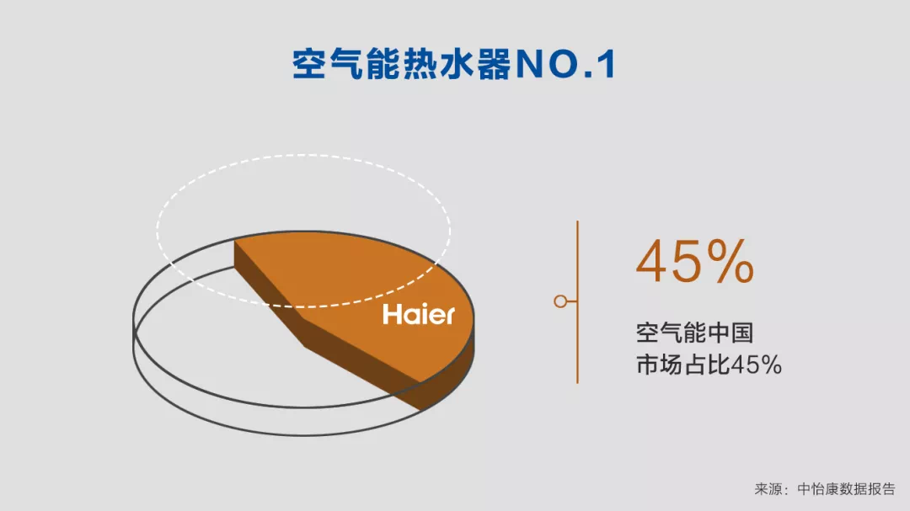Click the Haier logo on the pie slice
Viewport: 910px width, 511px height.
[419, 315]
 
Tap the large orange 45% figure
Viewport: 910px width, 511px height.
[694, 262]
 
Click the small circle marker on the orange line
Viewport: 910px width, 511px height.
[560, 301]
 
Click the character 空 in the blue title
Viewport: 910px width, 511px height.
[309, 64]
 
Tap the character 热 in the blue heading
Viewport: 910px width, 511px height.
[420, 64]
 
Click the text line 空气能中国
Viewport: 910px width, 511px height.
[694, 333]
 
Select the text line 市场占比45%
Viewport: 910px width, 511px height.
[709, 365]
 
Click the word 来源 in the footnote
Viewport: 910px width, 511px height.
[768, 489]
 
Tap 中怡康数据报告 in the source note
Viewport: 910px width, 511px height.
[846, 489]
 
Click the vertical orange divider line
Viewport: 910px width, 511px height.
[577, 301]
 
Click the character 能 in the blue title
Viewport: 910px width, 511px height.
[383, 64]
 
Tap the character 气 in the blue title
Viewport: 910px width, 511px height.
[346, 64]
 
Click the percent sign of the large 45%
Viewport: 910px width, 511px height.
[731, 262]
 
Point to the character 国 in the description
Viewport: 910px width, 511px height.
[742, 333]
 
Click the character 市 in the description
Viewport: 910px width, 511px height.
[648, 365]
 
